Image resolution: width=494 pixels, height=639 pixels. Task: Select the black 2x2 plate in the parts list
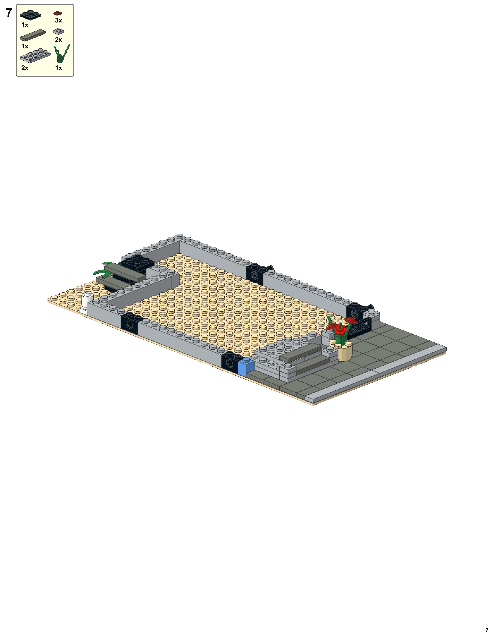click(30, 15)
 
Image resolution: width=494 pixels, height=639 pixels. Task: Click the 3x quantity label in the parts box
click(59, 20)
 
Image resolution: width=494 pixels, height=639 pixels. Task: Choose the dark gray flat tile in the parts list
click(33, 35)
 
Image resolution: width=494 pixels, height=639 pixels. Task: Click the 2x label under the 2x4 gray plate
click(25, 68)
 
